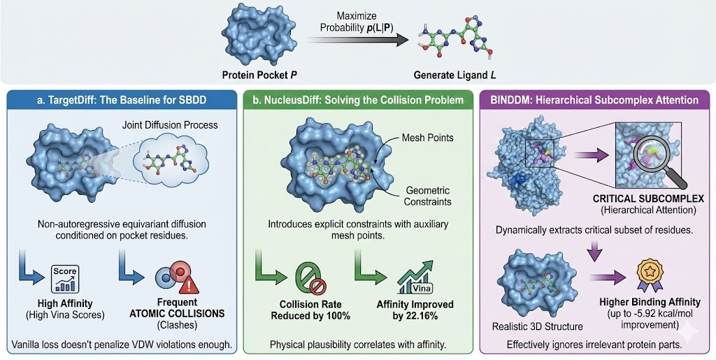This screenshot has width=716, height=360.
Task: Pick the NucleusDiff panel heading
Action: pyautogui.click(x=358, y=100)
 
